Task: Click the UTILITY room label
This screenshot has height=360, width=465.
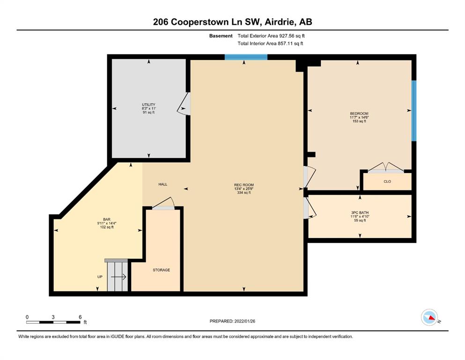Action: (148, 105)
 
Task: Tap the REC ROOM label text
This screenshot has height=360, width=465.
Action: (244, 185)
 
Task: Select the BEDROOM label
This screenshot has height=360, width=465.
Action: (359, 113)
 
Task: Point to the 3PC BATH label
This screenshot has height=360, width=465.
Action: (360, 212)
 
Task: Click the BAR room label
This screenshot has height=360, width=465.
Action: (107, 219)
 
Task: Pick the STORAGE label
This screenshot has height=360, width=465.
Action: (162, 270)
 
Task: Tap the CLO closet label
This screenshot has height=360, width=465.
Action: (387, 181)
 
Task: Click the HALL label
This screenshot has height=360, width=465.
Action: (163, 184)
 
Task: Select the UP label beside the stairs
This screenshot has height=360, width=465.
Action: (100, 277)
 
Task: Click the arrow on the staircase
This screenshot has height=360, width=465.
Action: (118, 277)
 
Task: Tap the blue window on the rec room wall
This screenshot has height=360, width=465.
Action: (246, 57)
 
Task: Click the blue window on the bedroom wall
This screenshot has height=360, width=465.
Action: (413, 111)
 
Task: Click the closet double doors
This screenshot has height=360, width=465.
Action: (385, 167)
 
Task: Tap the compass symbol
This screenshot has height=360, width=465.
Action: (430, 317)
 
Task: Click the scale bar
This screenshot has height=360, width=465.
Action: (53, 322)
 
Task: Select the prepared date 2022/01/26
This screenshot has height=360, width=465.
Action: (244, 321)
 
